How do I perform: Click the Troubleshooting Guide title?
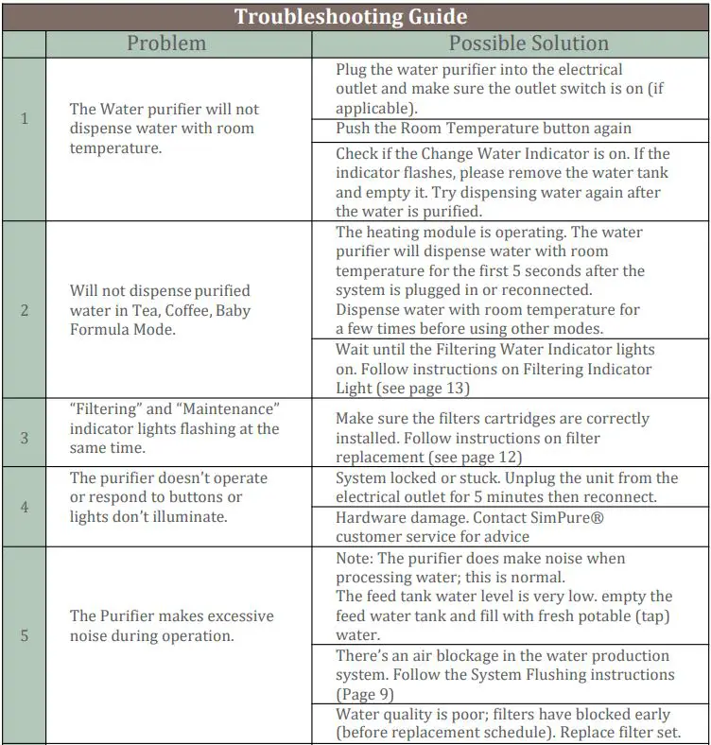click(x=351, y=16)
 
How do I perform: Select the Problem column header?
click(x=166, y=43)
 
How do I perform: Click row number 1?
click(x=25, y=119)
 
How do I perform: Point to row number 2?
click(x=25, y=310)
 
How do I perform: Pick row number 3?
click(x=25, y=438)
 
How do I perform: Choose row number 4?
click(x=25, y=507)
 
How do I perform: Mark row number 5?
click(x=25, y=635)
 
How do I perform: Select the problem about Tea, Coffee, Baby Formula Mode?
click(x=161, y=310)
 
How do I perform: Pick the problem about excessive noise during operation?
click(x=172, y=626)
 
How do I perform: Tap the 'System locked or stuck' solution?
click(x=507, y=487)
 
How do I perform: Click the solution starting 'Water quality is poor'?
click(x=507, y=722)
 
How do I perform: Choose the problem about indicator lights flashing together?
click(x=175, y=428)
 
